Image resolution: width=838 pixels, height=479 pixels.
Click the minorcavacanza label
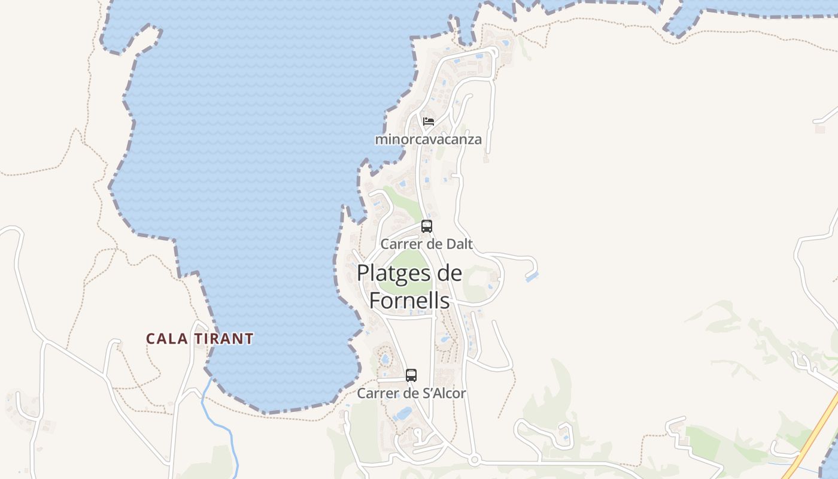point(428,140)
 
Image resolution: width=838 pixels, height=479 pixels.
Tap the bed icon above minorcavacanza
point(428,121)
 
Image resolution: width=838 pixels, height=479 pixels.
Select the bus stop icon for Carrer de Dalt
point(427,226)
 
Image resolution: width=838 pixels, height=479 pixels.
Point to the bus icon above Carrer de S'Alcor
point(411,375)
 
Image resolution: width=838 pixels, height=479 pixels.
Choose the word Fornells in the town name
point(409,300)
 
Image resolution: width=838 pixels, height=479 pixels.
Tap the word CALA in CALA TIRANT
point(168,339)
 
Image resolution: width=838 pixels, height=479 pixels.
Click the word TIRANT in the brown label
point(224,339)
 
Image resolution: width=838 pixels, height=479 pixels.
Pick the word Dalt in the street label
point(459,244)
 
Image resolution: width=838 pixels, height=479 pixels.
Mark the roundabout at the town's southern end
point(475,460)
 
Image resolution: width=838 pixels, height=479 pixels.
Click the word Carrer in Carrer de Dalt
point(400,244)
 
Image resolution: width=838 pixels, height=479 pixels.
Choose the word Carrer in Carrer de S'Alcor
point(377,393)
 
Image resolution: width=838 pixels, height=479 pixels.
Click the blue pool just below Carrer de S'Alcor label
point(405,413)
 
